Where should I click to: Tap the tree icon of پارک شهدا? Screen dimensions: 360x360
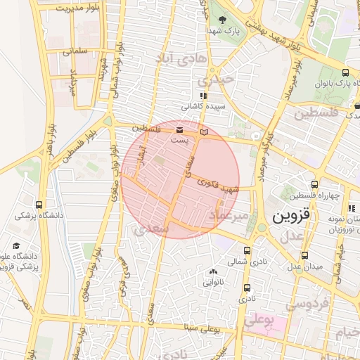pos(223,20)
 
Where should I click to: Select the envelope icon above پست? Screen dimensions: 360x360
pos(179,130)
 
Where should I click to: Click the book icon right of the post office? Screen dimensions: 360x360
pos(205,131)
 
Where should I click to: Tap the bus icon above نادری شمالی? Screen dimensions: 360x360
pos(247,250)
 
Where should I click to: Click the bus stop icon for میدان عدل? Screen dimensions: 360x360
pos(304,255)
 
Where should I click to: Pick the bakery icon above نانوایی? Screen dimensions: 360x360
pos(213,271)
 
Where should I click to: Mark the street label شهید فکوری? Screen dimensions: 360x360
pos(219,186)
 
